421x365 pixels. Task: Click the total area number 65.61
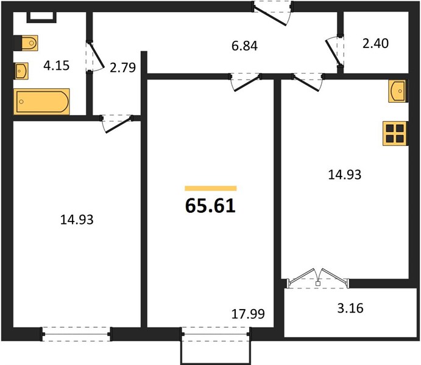click(210, 206)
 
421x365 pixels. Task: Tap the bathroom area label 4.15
click(57, 65)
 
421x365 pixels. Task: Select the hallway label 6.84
click(244, 46)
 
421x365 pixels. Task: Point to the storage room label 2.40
click(375, 43)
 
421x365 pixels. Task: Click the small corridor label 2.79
click(122, 68)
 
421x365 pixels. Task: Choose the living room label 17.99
click(248, 314)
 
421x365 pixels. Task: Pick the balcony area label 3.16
click(350, 308)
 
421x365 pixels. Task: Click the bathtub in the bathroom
click(41, 102)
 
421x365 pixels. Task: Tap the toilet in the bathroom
click(26, 43)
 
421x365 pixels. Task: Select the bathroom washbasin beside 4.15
click(21, 71)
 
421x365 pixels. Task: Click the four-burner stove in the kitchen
click(395, 133)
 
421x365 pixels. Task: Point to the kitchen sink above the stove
click(398, 91)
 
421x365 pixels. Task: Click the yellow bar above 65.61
click(211, 189)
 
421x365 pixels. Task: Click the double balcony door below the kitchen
click(318, 279)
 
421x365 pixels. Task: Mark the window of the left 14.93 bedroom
click(76, 334)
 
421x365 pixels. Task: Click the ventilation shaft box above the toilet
click(41, 17)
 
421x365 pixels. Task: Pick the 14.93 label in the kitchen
click(345, 175)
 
